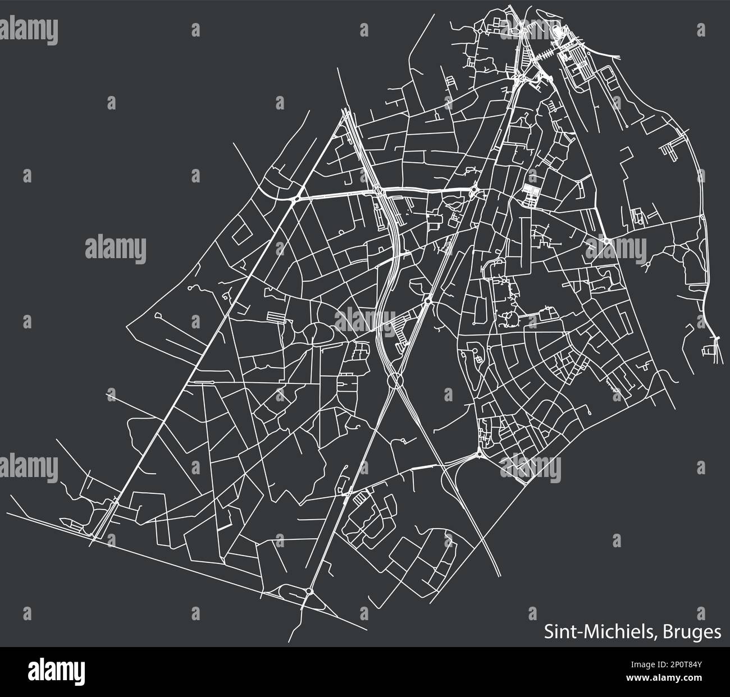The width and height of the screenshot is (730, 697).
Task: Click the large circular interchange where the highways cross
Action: tap(396, 382)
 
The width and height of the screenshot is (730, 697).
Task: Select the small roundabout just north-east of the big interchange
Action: tap(428, 302)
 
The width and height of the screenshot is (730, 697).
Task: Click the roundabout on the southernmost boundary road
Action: tap(309, 591)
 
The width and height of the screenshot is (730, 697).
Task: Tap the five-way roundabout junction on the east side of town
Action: tap(608, 241)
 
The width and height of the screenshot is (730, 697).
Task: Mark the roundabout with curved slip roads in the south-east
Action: tap(478, 455)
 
